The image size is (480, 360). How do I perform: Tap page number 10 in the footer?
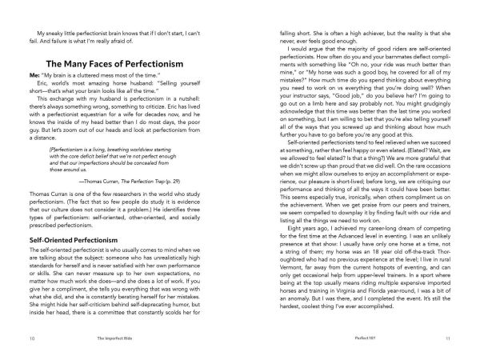click(x=30, y=339)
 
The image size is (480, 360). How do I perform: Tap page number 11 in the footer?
click(x=449, y=339)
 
